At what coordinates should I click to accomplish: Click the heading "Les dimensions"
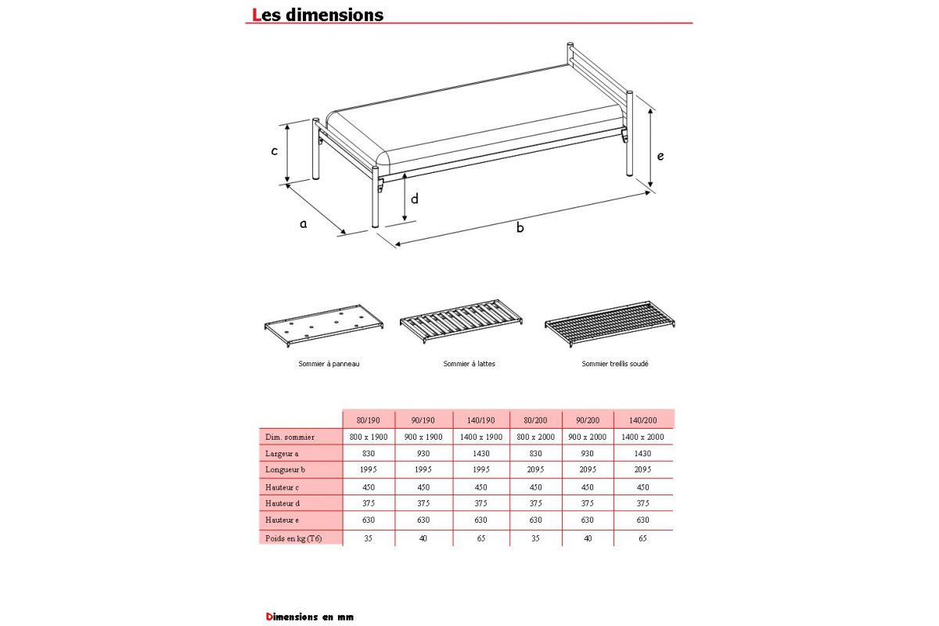pos(318,15)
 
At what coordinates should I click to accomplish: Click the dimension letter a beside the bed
pos(304,224)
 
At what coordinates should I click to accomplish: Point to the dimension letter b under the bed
pos(520,228)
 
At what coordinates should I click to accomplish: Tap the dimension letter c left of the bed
pos(275,151)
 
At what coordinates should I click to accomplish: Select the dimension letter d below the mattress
pos(415,199)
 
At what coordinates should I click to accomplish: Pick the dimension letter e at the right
pos(660,156)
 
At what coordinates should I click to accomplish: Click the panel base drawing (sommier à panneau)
pos(323,329)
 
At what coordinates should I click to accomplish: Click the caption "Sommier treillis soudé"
pos(614,364)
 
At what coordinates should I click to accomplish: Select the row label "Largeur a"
pos(282,453)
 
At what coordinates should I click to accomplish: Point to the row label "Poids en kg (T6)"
pos(293,538)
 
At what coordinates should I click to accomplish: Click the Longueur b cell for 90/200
pos(588,469)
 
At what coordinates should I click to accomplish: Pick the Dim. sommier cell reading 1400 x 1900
pos(481,437)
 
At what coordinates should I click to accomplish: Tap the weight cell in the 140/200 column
pos(642,538)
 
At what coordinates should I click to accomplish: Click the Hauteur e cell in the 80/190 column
pos(368,520)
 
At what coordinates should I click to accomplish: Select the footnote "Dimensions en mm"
pos(309,617)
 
